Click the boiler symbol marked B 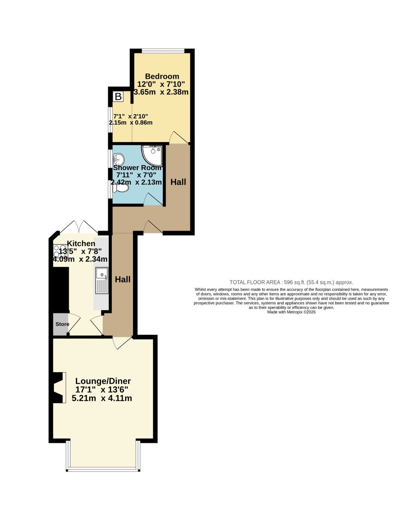click(x=118, y=97)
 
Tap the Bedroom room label click(x=162, y=76)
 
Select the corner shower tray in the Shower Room click(x=152, y=155)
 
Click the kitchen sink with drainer click(x=102, y=280)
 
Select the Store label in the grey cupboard click(x=62, y=324)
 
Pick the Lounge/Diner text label click(x=103, y=381)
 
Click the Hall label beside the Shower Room click(x=178, y=182)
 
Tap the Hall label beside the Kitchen click(x=123, y=279)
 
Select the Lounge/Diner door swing click(x=122, y=343)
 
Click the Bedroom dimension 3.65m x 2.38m click(x=161, y=92)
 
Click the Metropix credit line click(x=291, y=312)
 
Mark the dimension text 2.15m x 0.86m click(x=131, y=123)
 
